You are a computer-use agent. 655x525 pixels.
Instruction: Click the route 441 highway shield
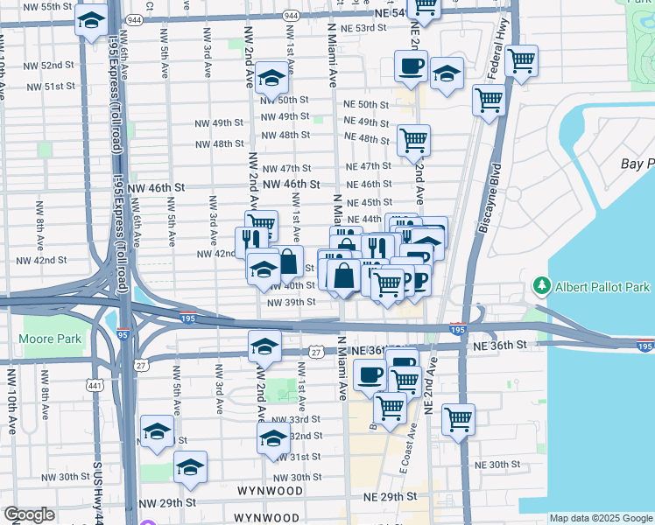coord(94,384)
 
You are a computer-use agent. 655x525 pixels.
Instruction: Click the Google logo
coord(29,514)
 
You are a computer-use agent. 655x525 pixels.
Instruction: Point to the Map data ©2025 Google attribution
coord(601,518)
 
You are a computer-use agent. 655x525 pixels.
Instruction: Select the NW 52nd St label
coord(50,66)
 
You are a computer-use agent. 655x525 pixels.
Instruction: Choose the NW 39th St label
coord(292,302)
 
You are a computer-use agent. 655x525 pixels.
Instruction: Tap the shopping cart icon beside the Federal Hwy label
coord(522,60)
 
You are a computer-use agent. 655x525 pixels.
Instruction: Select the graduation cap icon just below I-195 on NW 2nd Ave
coord(264,346)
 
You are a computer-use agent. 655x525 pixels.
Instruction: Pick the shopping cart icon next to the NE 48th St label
coord(413,139)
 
